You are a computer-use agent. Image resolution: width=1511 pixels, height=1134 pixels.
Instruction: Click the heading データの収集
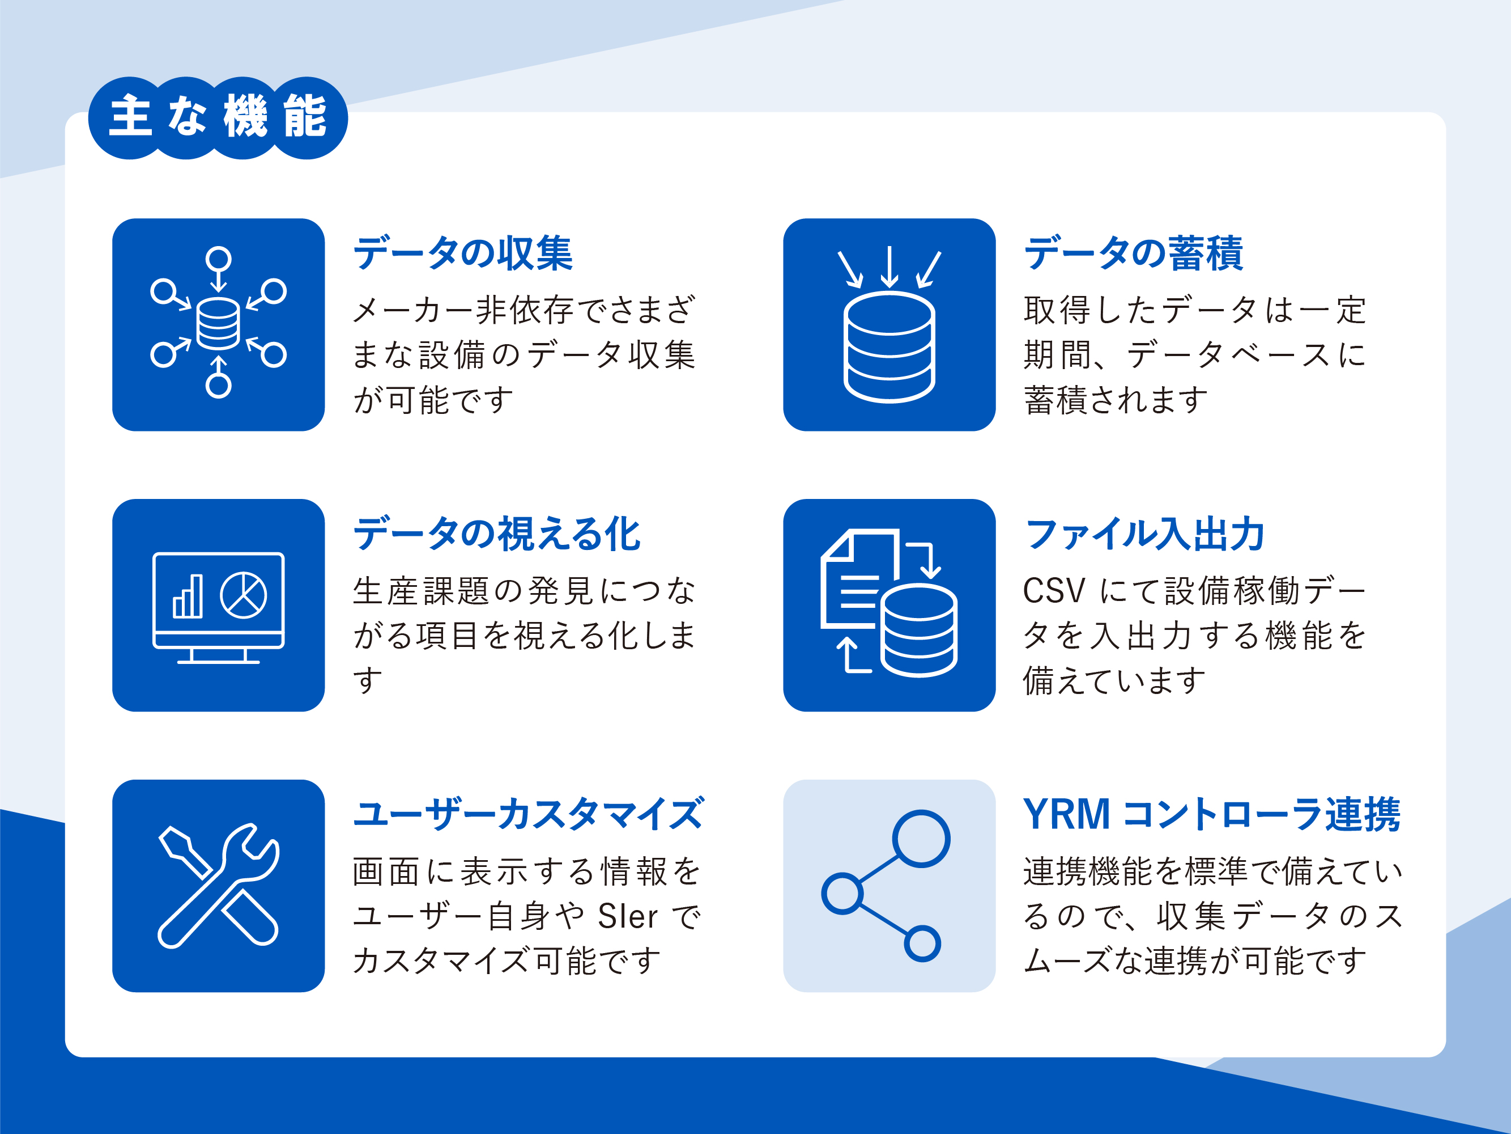click(x=462, y=253)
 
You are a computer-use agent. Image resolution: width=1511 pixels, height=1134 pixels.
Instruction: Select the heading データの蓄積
click(x=1133, y=253)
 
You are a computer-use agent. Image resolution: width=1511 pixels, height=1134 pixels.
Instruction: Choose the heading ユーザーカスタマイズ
click(x=528, y=814)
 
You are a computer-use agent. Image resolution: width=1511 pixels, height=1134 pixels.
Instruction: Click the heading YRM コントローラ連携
click(x=1211, y=814)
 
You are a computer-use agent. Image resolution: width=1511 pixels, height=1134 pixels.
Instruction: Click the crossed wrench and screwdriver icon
click(x=219, y=885)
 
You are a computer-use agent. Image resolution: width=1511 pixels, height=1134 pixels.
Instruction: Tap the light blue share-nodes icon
click(x=886, y=886)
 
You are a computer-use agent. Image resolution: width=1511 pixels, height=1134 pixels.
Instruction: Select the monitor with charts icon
click(x=219, y=608)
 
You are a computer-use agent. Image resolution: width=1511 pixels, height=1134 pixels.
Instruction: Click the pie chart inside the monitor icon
click(x=243, y=595)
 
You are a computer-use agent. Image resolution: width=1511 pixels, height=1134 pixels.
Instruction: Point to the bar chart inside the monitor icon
click(x=188, y=596)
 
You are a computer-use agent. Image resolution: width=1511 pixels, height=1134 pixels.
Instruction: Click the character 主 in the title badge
click(x=130, y=116)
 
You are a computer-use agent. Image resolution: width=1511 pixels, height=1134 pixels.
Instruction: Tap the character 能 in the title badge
click(x=305, y=116)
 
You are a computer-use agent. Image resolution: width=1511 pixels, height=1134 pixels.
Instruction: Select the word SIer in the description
click(x=628, y=916)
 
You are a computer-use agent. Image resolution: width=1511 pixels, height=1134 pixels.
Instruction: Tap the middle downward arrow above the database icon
click(x=889, y=266)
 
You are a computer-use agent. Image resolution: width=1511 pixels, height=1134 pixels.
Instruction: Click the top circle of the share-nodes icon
click(x=921, y=839)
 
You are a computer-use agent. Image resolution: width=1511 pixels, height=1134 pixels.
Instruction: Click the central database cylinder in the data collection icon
click(x=218, y=324)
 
